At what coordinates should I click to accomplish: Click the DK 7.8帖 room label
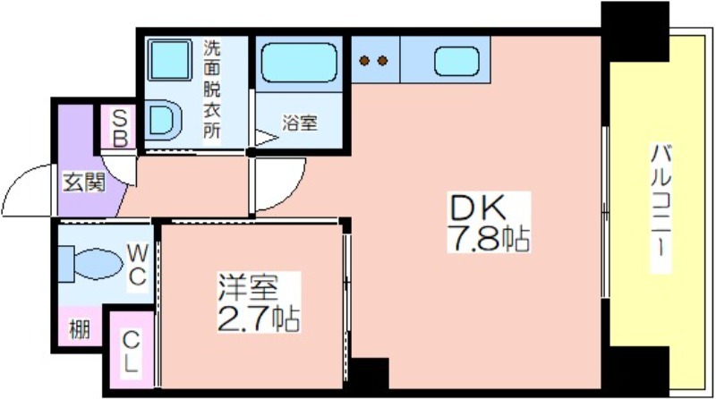tap(489, 223)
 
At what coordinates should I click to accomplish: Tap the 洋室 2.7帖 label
tap(259, 302)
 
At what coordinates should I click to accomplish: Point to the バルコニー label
tap(661, 208)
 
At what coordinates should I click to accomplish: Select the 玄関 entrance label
tap(84, 183)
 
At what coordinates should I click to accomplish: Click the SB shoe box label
tap(120, 128)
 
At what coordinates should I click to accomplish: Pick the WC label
tap(137, 264)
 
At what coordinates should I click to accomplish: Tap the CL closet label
tap(132, 352)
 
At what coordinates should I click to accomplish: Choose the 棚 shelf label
tap(80, 328)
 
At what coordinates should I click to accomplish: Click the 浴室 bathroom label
tap(299, 123)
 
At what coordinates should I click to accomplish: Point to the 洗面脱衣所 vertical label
tap(211, 89)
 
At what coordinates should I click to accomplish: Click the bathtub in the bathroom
tap(299, 63)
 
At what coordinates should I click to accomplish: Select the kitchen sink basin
tap(456, 61)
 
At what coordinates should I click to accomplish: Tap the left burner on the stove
tap(364, 60)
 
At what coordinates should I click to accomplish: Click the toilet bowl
tap(98, 263)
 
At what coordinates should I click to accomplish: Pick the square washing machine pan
tap(169, 60)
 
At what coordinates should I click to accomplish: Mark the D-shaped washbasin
tap(164, 120)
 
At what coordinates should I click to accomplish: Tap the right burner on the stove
tap(383, 60)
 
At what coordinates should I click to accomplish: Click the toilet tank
tap(66, 264)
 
